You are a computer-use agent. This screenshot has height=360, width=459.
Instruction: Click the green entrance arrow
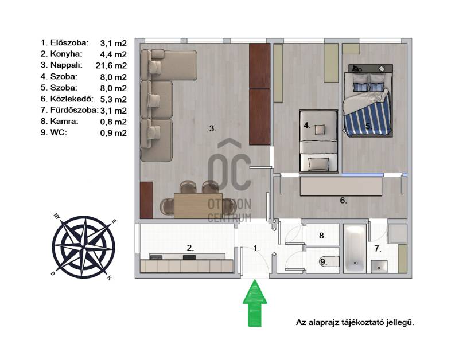(255, 303)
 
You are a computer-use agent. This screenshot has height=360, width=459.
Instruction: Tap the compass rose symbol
(83, 246)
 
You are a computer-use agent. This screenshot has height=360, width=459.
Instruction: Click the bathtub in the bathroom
(355, 249)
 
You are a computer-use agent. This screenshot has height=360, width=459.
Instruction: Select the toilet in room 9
(330, 261)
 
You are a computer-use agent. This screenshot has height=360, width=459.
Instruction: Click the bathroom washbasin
(379, 267)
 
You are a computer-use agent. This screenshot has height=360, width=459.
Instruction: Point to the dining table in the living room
(198, 205)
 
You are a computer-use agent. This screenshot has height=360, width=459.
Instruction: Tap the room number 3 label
(213, 128)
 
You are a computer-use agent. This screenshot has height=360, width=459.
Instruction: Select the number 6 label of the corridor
(343, 201)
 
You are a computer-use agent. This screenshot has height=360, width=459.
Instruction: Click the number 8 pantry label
(322, 236)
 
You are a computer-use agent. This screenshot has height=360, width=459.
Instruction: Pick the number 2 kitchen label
(190, 248)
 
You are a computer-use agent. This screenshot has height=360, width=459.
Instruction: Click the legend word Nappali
(67, 65)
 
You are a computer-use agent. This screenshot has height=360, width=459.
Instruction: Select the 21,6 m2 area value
(111, 65)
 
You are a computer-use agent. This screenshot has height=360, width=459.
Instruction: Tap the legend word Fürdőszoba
(75, 110)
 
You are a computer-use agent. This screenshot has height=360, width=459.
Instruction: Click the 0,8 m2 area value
(113, 122)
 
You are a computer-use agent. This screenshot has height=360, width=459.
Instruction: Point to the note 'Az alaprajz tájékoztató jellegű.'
(355, 323)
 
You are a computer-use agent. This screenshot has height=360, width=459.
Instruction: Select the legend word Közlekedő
(72, 99)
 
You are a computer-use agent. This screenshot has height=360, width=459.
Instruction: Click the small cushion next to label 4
(320, 129)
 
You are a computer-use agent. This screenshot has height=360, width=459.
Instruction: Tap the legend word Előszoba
(69, 42)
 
